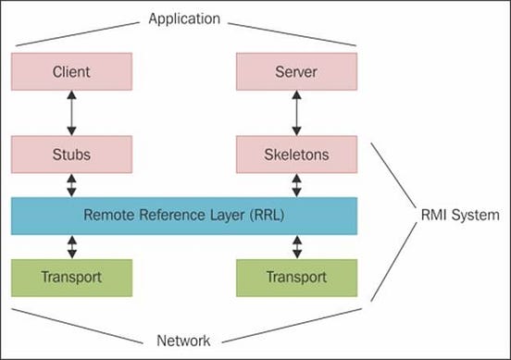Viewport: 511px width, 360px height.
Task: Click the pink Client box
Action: pyautogui.click(x=71, y=70)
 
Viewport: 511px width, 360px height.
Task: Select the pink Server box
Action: pyautogui.click(x=296, y=70)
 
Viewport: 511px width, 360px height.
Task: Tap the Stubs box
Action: pyautogui.click(x=71, y=155)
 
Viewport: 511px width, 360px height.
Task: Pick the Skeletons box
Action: pyautogui.click(x=296, y=155)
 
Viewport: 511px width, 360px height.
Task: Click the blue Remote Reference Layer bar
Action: pyautogui.click(x=184, y=215)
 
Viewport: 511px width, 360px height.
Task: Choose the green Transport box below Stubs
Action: pyautogui.click(x=71, y=276)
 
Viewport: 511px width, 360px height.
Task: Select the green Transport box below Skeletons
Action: pyautogui.click(x=296, y=276)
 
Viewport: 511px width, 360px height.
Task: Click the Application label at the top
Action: pyautogui.click(x=184, y=17)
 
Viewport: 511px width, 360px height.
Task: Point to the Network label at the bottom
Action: pyautogui.click(x=184, y=340)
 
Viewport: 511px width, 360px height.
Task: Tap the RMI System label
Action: pyautogui.click(x=458, y=216)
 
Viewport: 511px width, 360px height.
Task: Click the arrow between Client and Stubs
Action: pyautogui.click(x=71, y=113)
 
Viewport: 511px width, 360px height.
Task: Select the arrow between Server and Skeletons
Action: pyautogui.click(x=296, y=113)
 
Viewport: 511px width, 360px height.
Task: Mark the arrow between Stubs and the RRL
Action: pyautogui.click(x=71, y=185)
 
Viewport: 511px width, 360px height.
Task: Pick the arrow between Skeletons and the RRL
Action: pyautogui.click(x=296, y=185)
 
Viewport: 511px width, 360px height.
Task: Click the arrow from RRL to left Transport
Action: pyautogui.click(x=71, y=246)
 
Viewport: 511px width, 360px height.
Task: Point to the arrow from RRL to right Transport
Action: pyautogui.click(x=296, y=246)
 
